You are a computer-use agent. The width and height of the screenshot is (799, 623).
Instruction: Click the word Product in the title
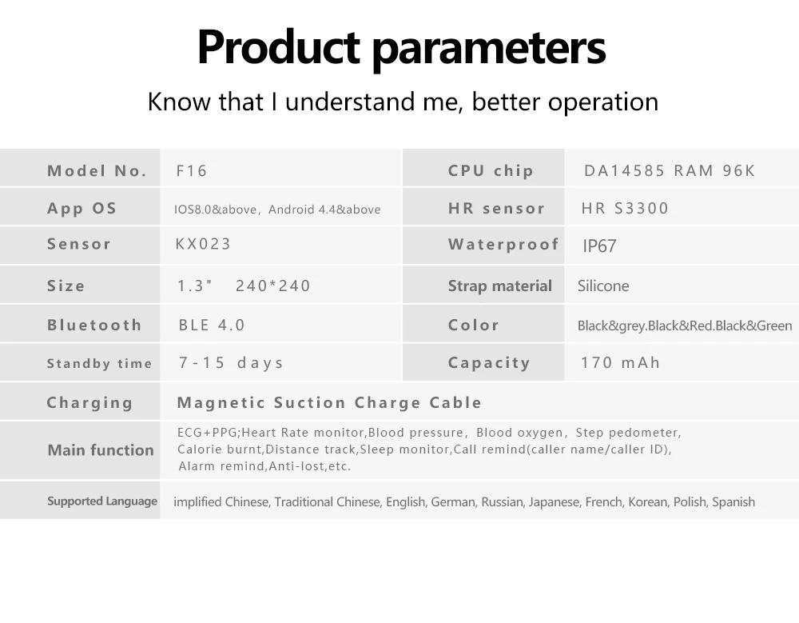pyautogui.click(x=278, y=47)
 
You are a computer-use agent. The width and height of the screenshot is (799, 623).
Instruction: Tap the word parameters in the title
pyautogui.click(x=489, y=50)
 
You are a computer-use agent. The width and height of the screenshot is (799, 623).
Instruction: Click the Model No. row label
pyautogui.click(x=97, y=170)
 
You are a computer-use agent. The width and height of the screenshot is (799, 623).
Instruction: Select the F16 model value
pyautogui.click(x=192, y=170)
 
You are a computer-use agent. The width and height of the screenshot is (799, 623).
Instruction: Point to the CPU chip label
pyautogui.click(x=491, y=171)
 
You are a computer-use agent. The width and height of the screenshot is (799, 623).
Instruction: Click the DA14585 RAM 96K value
pyautogui.click(x=669, y=170)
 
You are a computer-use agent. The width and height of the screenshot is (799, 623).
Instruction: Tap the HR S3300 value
pyautogui.click(x=625, y=208)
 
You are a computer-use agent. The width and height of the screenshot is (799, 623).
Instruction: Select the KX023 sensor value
pyautogui.click(x=203, y=244)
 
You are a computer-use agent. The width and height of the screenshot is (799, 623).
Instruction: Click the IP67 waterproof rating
pyautogui.click(x=599, y=246)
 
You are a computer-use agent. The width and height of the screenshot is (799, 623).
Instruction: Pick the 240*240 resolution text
pyautogui.click(x=272, y=286)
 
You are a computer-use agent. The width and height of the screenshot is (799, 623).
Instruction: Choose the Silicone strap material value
pyautogui.click(x=603, y=286)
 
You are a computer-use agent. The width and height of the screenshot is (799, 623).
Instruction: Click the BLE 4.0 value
pyautogui.click(x=212, y=325)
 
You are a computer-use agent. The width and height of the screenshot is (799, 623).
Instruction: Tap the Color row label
pyautogui.click(x=473, y=325)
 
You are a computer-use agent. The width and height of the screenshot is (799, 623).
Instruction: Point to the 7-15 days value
pyautogui.click(x=231, y=363)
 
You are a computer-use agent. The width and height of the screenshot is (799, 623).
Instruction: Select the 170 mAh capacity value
pyautogui.click(x=620, y=363)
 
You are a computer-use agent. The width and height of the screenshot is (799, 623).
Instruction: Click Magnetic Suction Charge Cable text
pyautogui.click(x=329, y=402)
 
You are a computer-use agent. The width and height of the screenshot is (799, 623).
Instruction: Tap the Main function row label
pyautogui.click(x=101, y=450)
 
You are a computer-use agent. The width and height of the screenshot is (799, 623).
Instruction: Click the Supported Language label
pyautogui.click(x=102, y=501)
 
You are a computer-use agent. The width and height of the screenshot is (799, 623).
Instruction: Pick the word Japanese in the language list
pyautogui.click(x=554, y=502)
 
